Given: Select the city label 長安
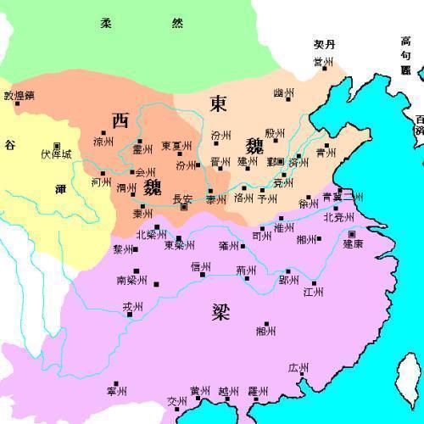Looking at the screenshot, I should coord(183,199).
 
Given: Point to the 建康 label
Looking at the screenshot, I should coord(352,243).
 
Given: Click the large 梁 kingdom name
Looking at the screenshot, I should coord(221,313).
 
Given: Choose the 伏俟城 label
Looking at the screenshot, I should coord(57,155).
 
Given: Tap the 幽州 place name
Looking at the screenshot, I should coord(284,93).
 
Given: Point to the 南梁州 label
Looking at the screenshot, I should coord(131,280).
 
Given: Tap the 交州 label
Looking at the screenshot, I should coord(176,401).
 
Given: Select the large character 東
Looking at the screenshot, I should coord(218,103).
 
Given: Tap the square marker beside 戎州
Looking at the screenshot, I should coord(130,315).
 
